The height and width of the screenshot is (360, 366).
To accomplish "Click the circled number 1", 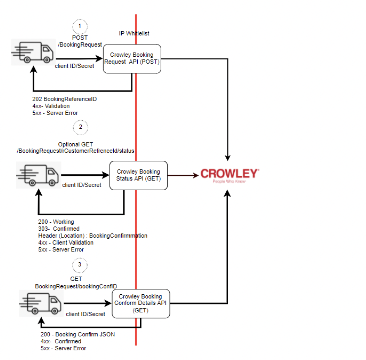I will pyautogui.click(x=80, y=26).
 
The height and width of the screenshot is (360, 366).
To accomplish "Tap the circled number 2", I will pyautogui.click(x=80, y=127).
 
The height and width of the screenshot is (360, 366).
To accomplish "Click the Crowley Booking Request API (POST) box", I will pyautogui.click(x=132, y=59).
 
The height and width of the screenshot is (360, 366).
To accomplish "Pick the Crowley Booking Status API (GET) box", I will pyautogui.click(x=138, y=175).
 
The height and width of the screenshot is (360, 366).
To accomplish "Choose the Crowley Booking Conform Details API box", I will pyautogui.click(x=141, y=303).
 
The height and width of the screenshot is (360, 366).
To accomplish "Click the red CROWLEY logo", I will pyautogui.click(x=229, y=173).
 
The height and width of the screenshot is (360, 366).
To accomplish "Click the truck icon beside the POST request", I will pyautogui.click(x=33, y=52).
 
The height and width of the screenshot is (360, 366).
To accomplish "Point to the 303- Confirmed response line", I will pyautogui.click(x=59, y=229).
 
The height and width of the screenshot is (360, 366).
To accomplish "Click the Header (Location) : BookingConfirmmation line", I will pyautogui.click(x=93, y=236).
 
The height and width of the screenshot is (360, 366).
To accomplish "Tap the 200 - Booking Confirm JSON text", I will pyautogui.click(x=78, y=334).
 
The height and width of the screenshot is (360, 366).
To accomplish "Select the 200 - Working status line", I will pyautogui.click(x=56, y=222).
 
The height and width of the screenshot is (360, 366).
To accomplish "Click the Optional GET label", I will pyautogui.click(x=76, y=144).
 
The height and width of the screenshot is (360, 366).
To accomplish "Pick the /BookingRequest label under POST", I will pyautogui.click(x=80, y=44).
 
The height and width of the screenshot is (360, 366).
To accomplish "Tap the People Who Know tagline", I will pyautogui.click(x=229, y=182).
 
